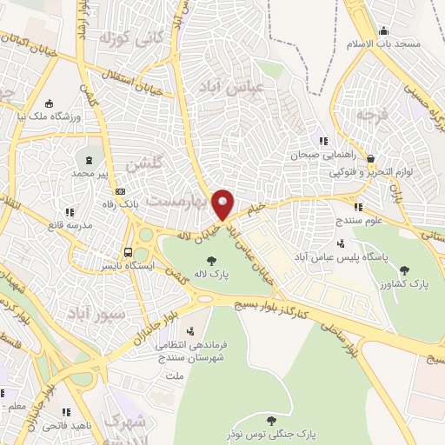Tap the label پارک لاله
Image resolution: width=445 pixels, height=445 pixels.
coord(210,276)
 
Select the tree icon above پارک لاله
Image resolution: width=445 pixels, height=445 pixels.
coord(210,260)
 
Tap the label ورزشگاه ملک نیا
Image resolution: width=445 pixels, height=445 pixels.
coord(50,116)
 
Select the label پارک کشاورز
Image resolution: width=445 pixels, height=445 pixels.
coord(408,283)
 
